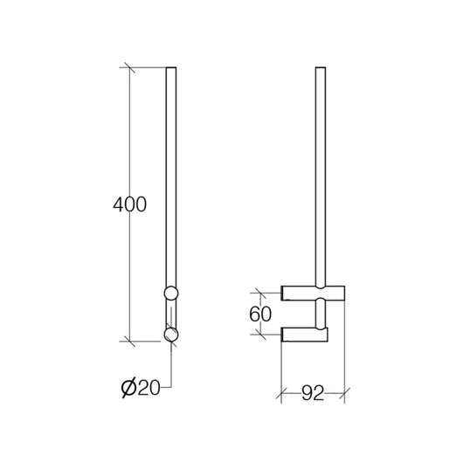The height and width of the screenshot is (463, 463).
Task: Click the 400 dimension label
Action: pyautogui.click(x=129, y=204)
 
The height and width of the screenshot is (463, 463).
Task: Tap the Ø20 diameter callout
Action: pyautogui.click(x=141, y=387)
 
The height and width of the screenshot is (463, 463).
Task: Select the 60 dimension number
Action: pyautogui.click(x=260, y=314)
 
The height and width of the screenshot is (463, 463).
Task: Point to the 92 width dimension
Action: pyautogui.click(x=313, y=393)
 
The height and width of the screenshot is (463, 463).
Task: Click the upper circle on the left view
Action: pyautogui.click(x=171, y=293)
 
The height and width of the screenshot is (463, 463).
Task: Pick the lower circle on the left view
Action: pyautogui.click(x=171, y=334)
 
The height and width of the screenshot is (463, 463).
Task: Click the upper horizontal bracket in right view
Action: pyautogui.click(x=313, y=293)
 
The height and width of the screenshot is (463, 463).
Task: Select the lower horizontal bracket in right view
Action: pyautogui.click(x=304, y=335)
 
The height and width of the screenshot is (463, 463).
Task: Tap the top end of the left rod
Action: pyautogui.click(x=171, y=67)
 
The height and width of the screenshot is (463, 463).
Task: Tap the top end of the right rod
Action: pyautogui.click(x=321, y=67)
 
